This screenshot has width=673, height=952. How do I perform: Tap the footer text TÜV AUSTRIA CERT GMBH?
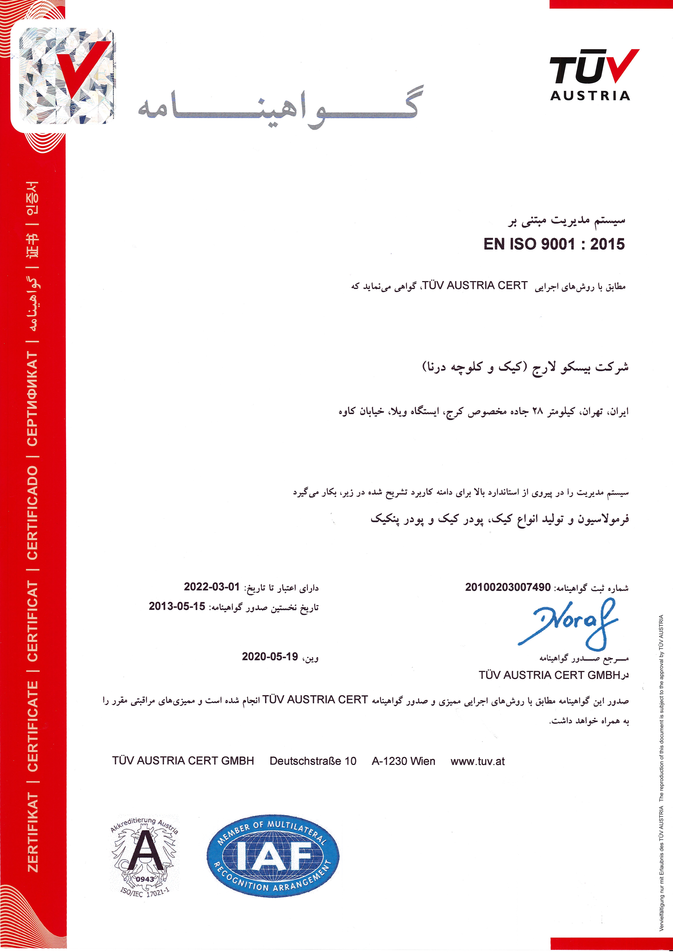[183, 761]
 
